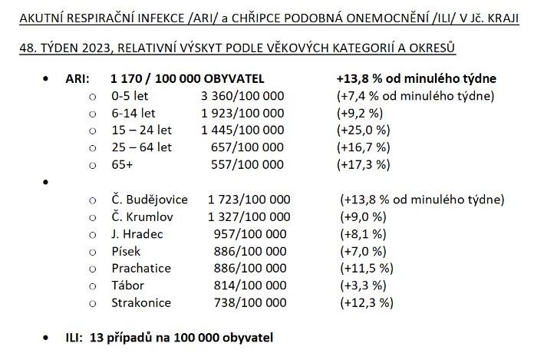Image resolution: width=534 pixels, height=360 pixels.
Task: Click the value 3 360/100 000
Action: point(242,95)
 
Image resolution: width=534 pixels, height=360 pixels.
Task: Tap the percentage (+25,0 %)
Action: point(364,130)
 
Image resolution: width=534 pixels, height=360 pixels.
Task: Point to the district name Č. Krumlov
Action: point(143,216)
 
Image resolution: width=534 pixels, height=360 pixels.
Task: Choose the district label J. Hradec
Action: point(137,233)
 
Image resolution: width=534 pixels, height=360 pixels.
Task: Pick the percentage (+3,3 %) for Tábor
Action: point(362,286)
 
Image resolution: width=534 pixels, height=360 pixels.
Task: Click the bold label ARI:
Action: point(77,78)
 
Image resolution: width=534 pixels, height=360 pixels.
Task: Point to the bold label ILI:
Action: point(75,337)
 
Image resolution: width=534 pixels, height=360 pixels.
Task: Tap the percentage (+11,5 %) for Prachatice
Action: point(366,268)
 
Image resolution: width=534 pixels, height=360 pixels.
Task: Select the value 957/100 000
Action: point(252,233)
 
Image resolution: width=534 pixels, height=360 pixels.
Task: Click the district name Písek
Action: point(127,251)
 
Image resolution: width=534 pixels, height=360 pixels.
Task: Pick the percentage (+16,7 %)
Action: point(364,147)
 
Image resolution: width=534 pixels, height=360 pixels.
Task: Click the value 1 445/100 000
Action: point(242,130)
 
